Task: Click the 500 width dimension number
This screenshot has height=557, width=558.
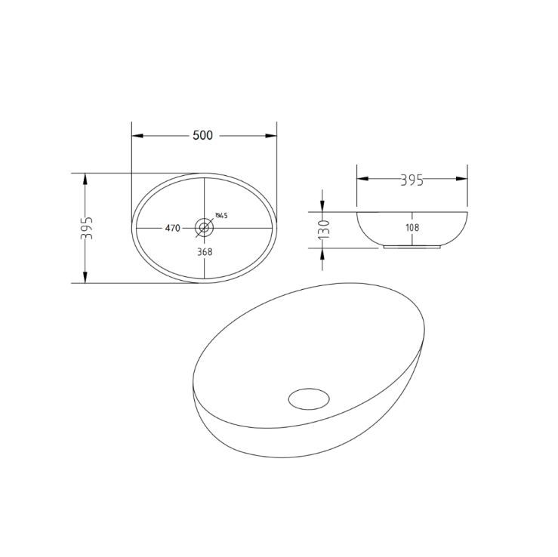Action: (203, 136)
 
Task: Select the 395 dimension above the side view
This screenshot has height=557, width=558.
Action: (411, 180)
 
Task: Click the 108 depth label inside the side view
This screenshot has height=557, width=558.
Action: (412, 226)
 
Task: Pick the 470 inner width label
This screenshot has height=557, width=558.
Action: (172, 228)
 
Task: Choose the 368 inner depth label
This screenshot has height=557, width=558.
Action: (204, 252)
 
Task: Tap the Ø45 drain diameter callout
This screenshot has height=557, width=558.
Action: (221, 216)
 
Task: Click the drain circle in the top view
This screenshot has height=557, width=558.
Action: (204, 227)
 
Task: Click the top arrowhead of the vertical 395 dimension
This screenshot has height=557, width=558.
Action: (86, 177)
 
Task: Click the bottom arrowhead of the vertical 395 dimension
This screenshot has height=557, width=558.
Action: (86, 278)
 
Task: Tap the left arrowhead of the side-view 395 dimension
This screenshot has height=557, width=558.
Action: (361, 179)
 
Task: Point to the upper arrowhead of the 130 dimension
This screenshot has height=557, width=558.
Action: (323, 207)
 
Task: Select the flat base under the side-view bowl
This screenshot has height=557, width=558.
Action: (412, 246)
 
